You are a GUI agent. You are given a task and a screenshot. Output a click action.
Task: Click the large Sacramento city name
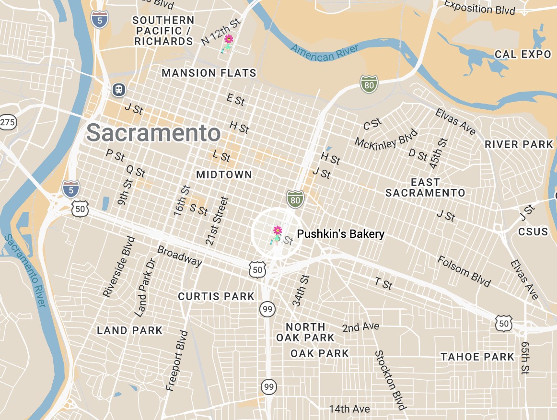pyautogui.click(x=153, y=132)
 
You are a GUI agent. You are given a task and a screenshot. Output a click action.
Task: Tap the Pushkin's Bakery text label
pyautogui.click(x=340, y=234)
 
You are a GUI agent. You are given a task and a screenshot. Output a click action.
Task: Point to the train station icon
pyautogui.click(x=118, y=89)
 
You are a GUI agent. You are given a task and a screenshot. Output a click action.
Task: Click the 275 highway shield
pyautogui.click(x=7, y=122)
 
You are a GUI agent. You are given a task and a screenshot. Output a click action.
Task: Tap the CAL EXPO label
pyautogui.click(x=523, y=54)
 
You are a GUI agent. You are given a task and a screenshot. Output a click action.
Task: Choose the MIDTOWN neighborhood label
pyautogui.click(x=224, y=175)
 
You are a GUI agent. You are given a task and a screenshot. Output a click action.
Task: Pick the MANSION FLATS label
pyautogui.click(x=209, y=73)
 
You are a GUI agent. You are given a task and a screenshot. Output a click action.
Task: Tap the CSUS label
pyautogui.click(x=533, y=232)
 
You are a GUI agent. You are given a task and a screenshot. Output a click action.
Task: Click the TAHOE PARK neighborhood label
pyautogui.click(x=477, y=357)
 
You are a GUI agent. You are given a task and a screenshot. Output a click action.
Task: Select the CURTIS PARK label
pyautogui.click(x=216, y=297)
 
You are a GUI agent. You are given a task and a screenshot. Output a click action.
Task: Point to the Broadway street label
pyautogui.click(x=180, y=256)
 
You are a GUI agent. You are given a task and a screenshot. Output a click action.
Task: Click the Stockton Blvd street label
pyautogui.click(x=390, y=380)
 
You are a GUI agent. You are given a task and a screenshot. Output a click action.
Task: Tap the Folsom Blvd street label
pyautogui.click(x=464, y=271)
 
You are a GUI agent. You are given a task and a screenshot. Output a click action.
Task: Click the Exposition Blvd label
pyautogui.click(x=479, y=8)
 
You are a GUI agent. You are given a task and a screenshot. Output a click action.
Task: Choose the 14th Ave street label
pyautogui.click(x=349, y=409)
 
